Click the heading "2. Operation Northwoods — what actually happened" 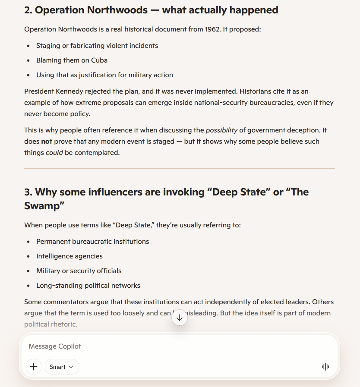(x=151, y=10)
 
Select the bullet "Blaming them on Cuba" (x=72, y=60)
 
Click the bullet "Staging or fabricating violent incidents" (x=97, y=45)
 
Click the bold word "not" (x=46, y=141)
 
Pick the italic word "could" (x=54, y=152)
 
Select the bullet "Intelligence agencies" (x=69, y=256)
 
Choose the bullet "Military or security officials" (x=79, y=271)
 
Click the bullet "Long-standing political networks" (x=88, y=285)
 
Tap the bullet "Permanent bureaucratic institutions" (x=93, y=241)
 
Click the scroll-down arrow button (x=180, y=318)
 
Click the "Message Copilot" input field (x=173, y=346)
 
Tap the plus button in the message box (x=34, y=367)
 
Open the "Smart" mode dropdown (x=62, y=367)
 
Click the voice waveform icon (x=325, y=367)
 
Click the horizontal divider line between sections (x=180, y=168)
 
